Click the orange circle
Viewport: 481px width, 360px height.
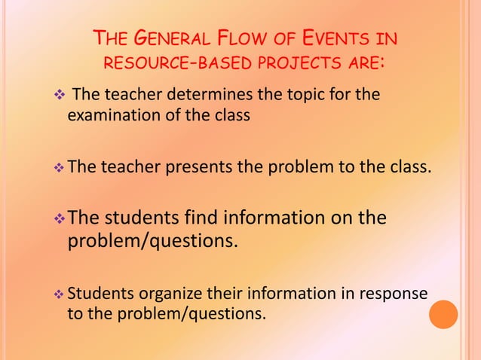[x=443, y=314]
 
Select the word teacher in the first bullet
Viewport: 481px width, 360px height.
[x=127, y=96]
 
